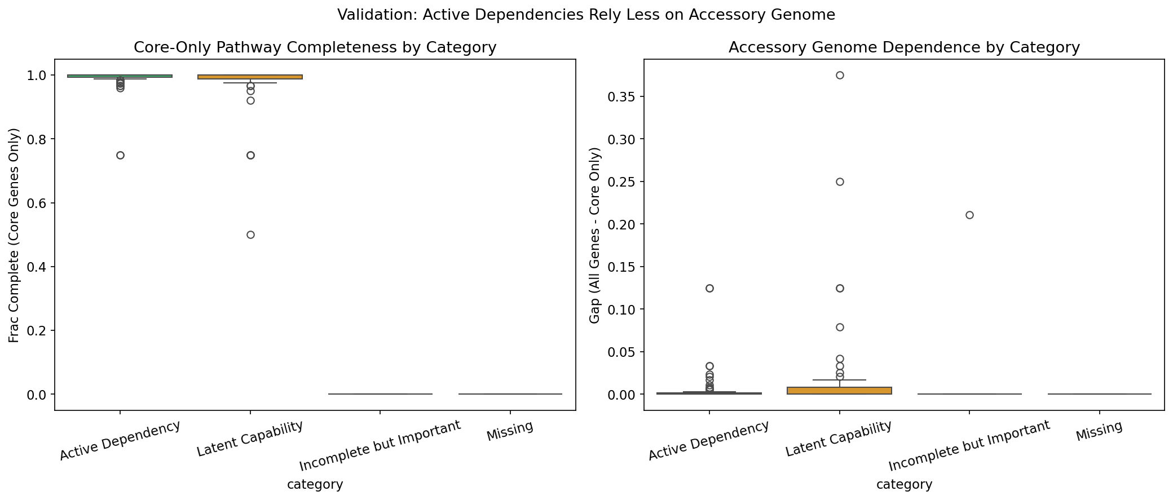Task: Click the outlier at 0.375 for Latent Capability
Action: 840,75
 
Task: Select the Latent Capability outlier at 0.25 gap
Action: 840,182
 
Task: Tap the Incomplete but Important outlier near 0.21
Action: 969,215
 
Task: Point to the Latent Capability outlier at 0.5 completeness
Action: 250,234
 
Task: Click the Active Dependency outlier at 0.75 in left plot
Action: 120,155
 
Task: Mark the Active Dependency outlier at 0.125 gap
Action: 709,288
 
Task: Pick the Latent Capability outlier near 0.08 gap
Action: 840,327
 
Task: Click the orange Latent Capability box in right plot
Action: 840,390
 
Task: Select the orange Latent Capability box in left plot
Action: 250,77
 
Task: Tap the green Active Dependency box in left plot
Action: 120,76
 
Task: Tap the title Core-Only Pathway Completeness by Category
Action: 315,47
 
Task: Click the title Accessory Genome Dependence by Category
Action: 904,47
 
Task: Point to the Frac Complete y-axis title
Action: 14,235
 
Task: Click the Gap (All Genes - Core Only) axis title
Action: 595,235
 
